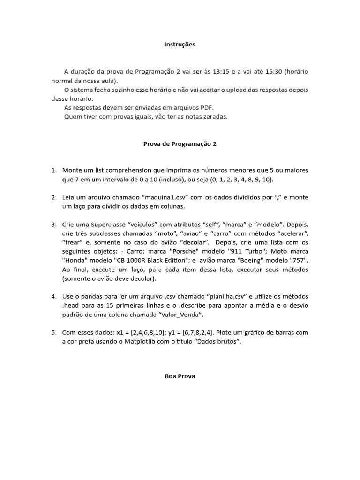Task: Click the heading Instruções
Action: [x=180, y=45]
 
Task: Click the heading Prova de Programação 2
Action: [x=180, y=144]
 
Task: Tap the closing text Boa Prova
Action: [x=180, y=376]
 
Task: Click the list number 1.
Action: [x=53, y=170]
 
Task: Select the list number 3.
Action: [x=53, y=225]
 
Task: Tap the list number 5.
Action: [x=53, y=332]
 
